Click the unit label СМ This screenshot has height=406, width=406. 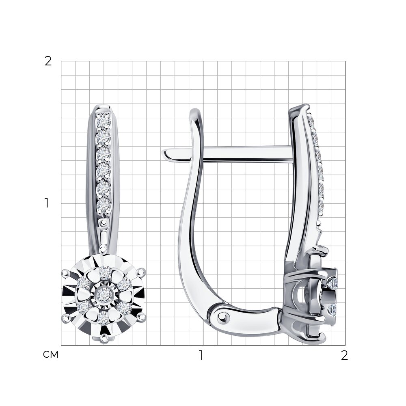pyautogui.click(x=50, y=354)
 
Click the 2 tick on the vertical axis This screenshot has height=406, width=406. pyautogui.click(x=48, y=61)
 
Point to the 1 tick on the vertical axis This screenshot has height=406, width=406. pyautogui.click(x=47, y=203)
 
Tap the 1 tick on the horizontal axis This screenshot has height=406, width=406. pyautogui.click(x=201, y=355)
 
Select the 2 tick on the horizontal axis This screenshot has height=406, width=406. pyautogui.click(x=344, y=355)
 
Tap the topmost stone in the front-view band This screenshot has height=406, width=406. pyautogui.click(x=104, y=121)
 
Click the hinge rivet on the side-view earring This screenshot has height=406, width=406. pyautogui.click(x=222, y=315)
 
